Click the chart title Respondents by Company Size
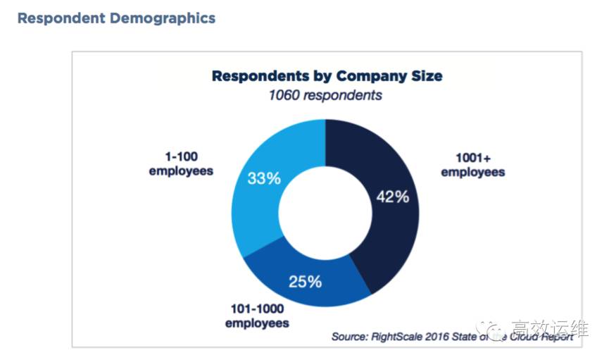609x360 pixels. pos(327,75)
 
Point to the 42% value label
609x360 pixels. pos(391,197)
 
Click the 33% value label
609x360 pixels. pos(264,178)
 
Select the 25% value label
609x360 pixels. pos(305,282)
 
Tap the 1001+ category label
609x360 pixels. pos(472,159)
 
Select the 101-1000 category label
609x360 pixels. pos(257,309)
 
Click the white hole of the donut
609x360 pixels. pos(325,211)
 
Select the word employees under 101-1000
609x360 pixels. pos(257,323)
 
